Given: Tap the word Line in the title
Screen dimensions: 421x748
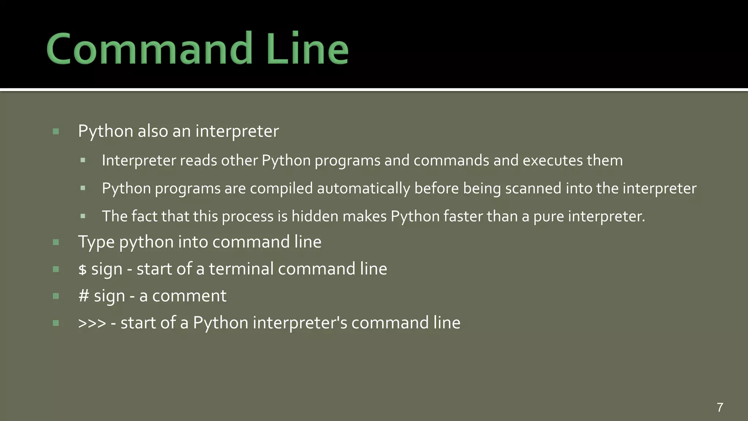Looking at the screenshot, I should tap(307, 49).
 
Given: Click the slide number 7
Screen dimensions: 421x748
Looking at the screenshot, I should tap(720, 407).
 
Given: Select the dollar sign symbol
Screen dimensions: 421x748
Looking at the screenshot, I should tap(83, 270).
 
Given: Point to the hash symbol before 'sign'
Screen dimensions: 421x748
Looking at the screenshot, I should tap(84, 296).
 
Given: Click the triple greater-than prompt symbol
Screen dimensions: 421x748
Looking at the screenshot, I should tap(92, 323).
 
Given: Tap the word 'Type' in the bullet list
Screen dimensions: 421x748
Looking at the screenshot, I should tap(96, 242).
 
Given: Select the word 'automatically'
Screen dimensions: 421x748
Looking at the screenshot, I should tap(363, 189).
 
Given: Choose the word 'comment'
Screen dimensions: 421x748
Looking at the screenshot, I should tap(189, 296).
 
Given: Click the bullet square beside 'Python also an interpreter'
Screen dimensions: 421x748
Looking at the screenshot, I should tap(56, 132).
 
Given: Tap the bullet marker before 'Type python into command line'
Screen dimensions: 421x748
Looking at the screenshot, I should tap(56, 242).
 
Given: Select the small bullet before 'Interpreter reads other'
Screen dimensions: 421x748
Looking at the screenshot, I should tap(83, 160).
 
